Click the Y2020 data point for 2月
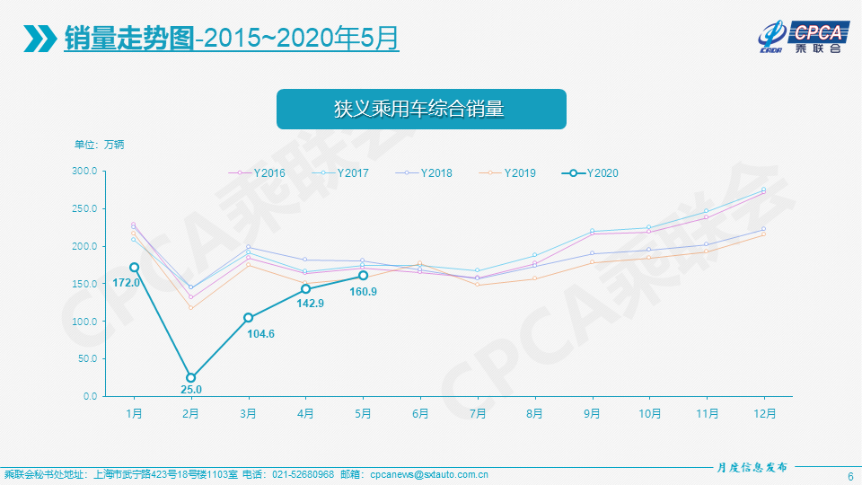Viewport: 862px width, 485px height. click(191, 378)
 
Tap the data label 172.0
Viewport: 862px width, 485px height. click(126, 283)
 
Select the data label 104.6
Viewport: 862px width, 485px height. click(262, 334)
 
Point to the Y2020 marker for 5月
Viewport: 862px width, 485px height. click(363, 276)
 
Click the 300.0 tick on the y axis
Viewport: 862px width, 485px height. click(85, 171)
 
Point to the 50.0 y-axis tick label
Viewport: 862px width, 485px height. click(87, 358)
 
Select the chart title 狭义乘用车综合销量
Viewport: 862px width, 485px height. click(420, 110)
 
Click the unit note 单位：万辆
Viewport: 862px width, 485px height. click(100, 144)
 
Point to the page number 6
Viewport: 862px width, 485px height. click(850, 475)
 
